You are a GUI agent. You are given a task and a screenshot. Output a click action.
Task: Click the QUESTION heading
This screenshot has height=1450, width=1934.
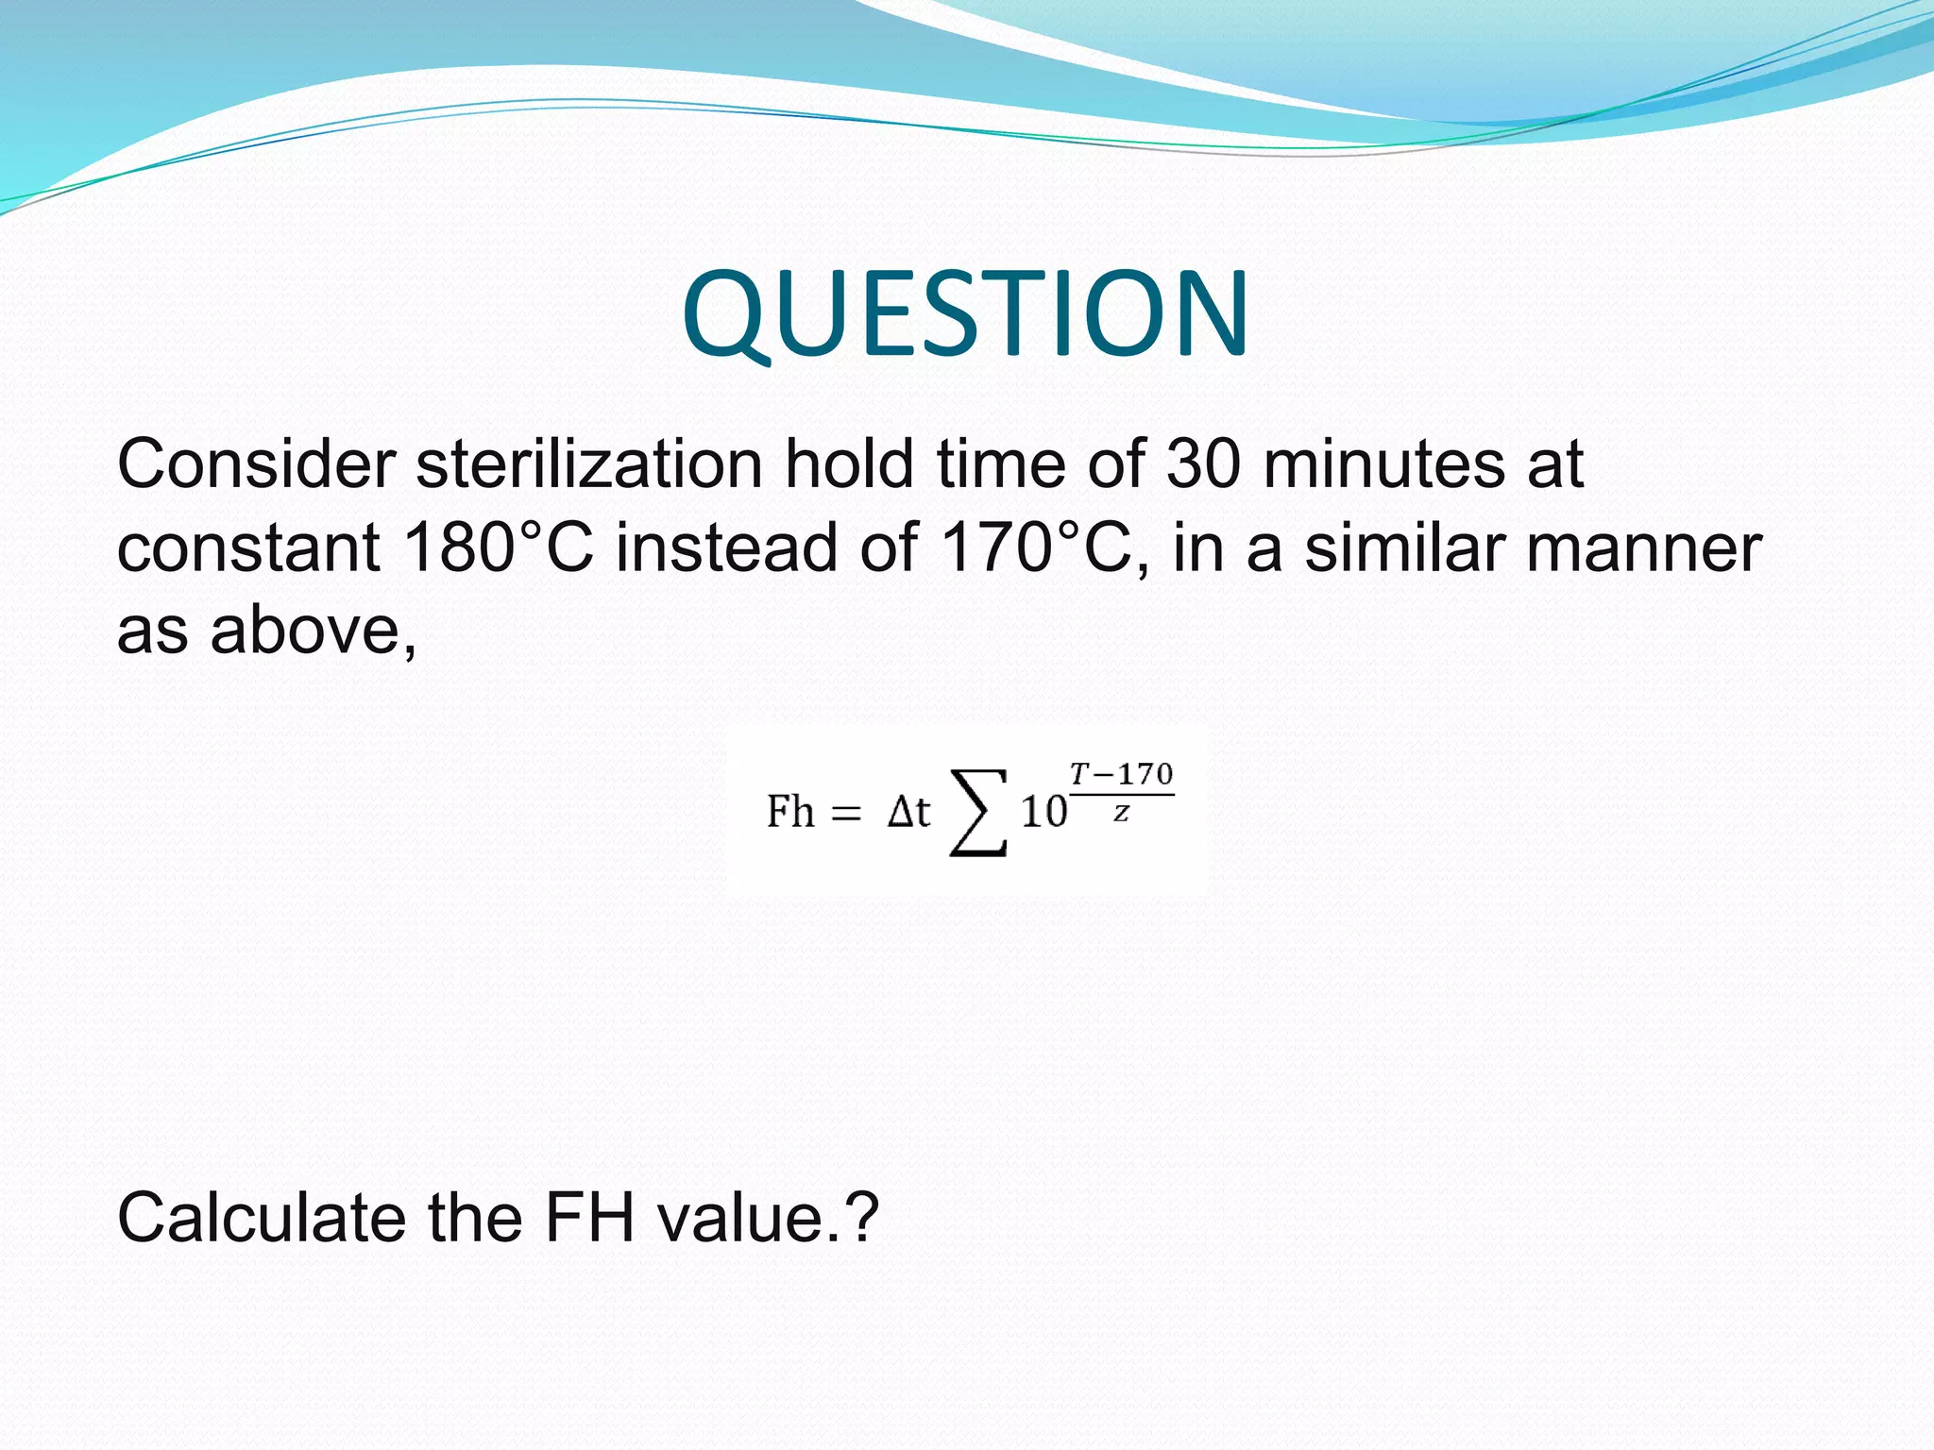pos(966,314)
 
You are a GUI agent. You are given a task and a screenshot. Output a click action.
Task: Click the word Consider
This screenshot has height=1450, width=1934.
pos(256,464)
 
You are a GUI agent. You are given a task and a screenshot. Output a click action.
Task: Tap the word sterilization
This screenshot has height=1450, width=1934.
pos(589,464)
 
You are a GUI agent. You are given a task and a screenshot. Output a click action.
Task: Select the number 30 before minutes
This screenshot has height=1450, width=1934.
pos(1203,464)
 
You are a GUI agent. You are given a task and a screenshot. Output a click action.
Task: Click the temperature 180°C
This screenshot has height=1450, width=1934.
pos(499,548)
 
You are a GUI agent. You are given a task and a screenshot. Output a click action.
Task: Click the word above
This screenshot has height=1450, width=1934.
pos(313,630)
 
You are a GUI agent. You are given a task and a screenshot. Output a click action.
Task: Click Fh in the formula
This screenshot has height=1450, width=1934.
pos(789,812)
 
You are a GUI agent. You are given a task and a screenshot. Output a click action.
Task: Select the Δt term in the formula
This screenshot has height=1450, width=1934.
pos(908,812)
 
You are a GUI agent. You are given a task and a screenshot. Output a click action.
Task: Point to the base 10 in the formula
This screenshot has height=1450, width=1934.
pos(1043,813)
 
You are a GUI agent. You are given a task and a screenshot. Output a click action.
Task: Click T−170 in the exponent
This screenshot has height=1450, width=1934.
pos(1121,775)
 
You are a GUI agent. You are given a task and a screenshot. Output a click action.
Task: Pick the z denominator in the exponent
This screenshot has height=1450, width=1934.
pos(1121,813)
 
